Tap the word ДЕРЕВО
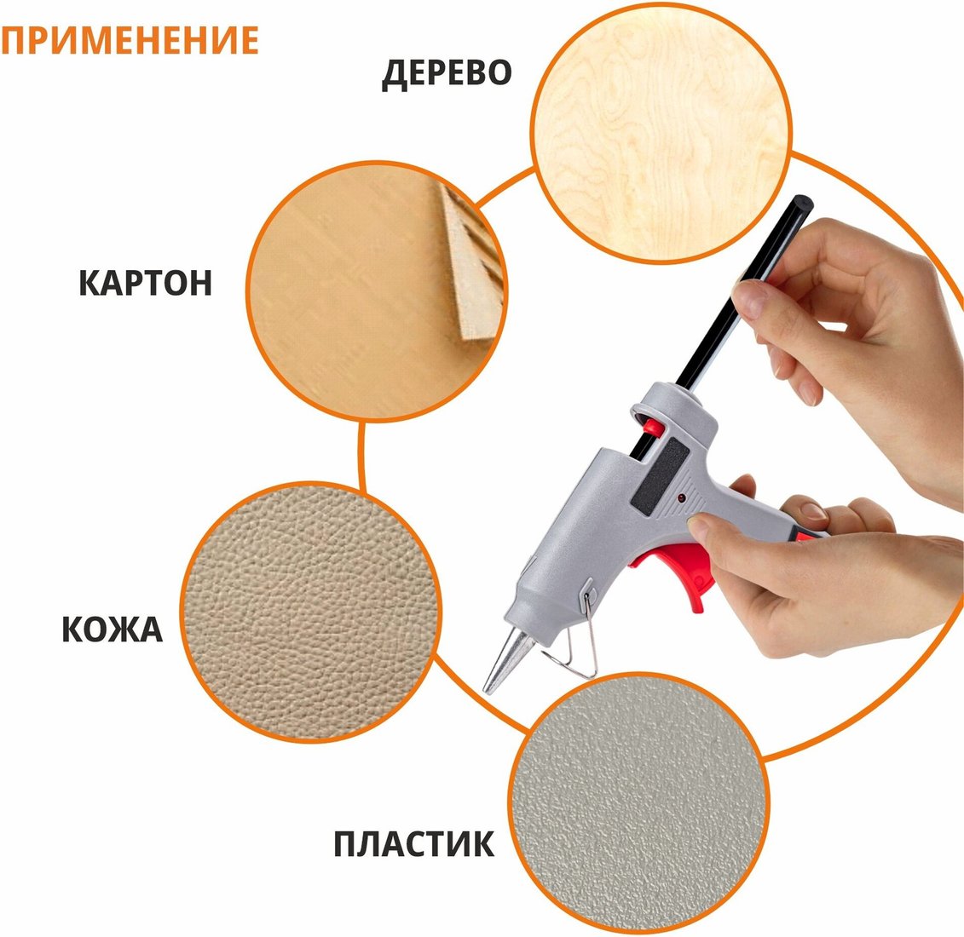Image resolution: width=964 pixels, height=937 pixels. (447, 73)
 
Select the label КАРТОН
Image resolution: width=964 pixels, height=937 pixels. (146, 283)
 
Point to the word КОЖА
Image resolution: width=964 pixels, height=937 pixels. (112, 629)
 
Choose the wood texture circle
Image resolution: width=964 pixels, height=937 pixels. (661, 133)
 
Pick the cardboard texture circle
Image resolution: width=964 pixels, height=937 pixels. (377, 290)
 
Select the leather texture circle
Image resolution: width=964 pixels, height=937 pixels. (310, 612)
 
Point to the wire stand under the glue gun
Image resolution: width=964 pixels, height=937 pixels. (574, 636)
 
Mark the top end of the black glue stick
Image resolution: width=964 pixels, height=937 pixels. (802, 202)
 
